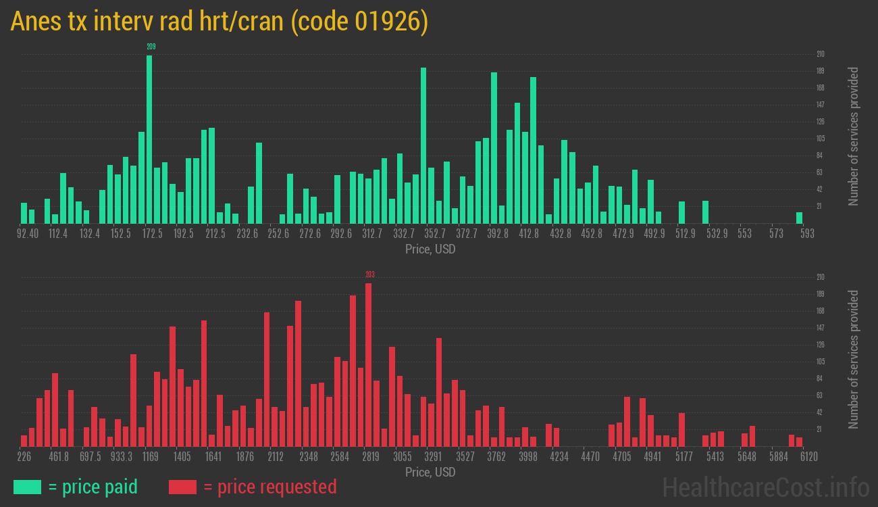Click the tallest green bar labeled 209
(149, 139)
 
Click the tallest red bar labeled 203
(368, 365)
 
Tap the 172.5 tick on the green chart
(152, 234)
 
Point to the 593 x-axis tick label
(806, 234)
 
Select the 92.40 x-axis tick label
(28, 234)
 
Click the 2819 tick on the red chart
(371, 457)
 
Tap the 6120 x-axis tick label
(808, 457)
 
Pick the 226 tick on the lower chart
(24, 457)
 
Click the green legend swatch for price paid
(27, 487)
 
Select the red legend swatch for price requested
(182, 487)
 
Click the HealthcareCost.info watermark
(766, 487)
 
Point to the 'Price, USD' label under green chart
(430, 249)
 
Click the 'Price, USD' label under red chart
(430, 472)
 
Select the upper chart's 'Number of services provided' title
(854, 137)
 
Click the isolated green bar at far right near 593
(799, 218)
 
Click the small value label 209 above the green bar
(151, 47)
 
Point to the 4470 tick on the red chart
(590, 457)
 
